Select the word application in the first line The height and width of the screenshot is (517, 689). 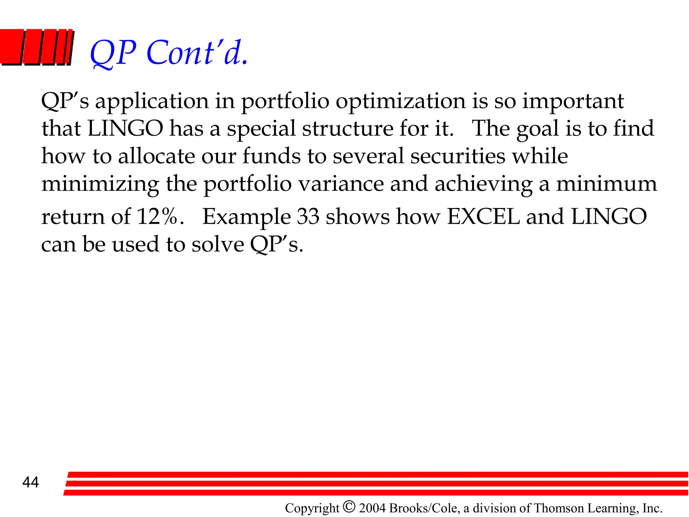pyautogui.click(x=152, y=101)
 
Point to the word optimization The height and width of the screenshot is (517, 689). pyautogui.click(x=401, y=101)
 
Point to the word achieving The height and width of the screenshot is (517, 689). pyautogui.click(x=483, y=184)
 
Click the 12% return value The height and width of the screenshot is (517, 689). pyautogui.click(x=157, y=216)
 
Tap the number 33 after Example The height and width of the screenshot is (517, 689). pyautogui.click(x=308, y=216)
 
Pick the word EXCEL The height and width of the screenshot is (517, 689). pyautogui.click(x=483, y=216)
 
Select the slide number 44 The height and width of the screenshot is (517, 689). pyautogui.click(x=31, y=482)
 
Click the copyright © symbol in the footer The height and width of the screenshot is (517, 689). pyautogui.click(x=349, y=507)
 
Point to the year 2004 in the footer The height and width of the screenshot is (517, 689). pyautogui.click(x=373, y=508)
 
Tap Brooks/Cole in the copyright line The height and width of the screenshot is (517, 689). pyautogui.click(x=424, y=508)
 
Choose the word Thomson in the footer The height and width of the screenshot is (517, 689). pyautogui.click(x=558, y=508)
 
